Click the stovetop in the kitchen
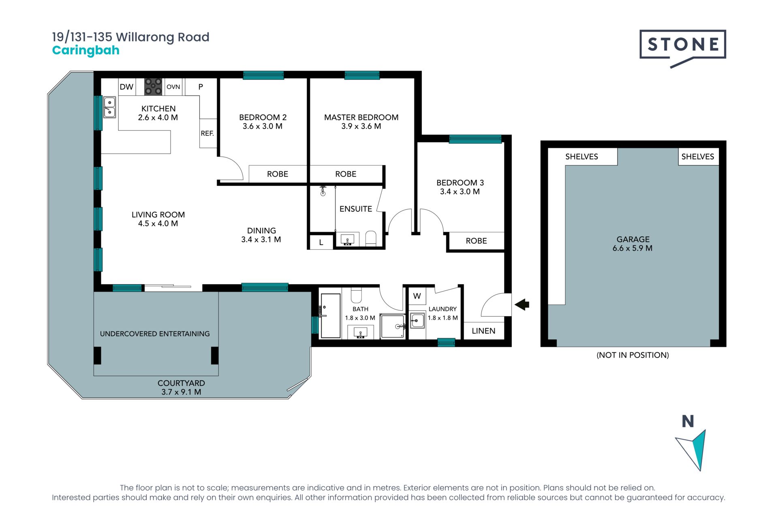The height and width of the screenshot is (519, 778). coord(153,87)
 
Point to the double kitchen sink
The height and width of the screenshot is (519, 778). coord(109,107)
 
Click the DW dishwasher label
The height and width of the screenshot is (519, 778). coord(126,87)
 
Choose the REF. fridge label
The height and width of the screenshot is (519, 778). coord(207,133)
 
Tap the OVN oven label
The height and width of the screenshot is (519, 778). coord(173,87)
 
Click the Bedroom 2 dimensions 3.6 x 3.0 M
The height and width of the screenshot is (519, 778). coord(263,126)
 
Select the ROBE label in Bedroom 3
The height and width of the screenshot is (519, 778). coord(476,241)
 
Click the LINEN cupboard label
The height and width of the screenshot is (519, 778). coord(483,331)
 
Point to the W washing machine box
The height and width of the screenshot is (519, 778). coord(417,296)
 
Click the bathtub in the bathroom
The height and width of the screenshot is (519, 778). coord(331,316)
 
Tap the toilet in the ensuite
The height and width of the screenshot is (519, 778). coord(371,238)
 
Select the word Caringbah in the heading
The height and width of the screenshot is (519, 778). coord(86,50)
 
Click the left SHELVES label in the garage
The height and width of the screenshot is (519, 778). coord(581,157)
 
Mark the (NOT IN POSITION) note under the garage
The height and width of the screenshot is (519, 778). coord(633,355)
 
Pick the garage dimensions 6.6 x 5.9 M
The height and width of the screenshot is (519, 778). coord(633,248)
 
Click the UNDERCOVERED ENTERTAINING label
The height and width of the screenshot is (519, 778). coord(155,334)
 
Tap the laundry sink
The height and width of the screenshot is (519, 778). coord(417,321)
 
